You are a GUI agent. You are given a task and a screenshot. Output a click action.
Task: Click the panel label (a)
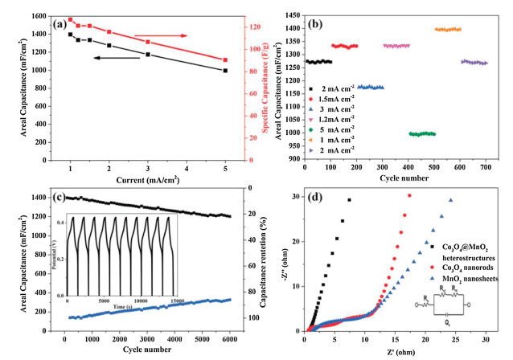tap(60, 24)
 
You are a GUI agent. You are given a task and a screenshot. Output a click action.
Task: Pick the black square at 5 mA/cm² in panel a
tap(225, 71)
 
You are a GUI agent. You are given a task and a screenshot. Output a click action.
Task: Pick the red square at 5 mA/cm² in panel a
tap(225, 60)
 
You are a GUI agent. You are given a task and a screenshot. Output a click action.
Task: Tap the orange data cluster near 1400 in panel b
tap(447, 29)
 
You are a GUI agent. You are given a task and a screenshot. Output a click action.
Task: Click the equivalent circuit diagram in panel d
tap(466, 307)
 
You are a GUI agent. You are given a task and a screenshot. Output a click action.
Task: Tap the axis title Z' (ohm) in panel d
tap(399, 350)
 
